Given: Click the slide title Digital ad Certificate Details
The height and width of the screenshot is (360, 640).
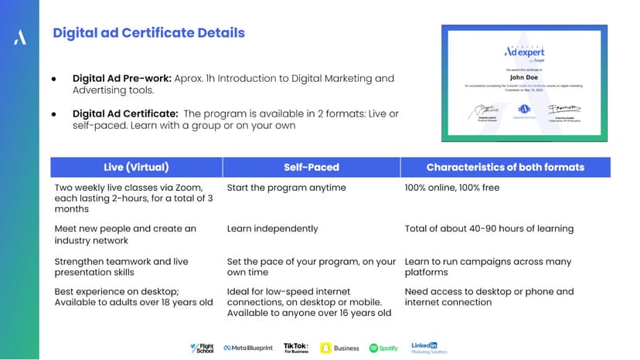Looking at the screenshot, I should pos(148,33).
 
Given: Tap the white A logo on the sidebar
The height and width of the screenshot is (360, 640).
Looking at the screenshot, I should pos(20,38).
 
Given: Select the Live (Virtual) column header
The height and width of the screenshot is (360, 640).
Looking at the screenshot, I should pos(136,167).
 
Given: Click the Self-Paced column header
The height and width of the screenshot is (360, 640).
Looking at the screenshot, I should pos(311,167).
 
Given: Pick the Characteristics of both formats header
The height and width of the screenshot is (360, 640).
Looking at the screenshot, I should pos(506,167).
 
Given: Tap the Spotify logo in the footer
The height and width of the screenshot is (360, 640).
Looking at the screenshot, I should pos(383,348).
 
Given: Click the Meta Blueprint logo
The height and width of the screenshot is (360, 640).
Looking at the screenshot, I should pos(248,348).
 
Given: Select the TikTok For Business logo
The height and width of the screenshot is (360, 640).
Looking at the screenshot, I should pos(296,348).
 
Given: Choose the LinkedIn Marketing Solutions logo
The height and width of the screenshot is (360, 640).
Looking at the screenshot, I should pos(429,348).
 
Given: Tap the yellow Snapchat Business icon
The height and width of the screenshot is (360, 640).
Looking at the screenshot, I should pos(326,348).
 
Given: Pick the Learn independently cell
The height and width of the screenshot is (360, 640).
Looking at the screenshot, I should pos(272,229).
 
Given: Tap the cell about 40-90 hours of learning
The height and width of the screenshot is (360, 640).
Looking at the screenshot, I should pos(489,229).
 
